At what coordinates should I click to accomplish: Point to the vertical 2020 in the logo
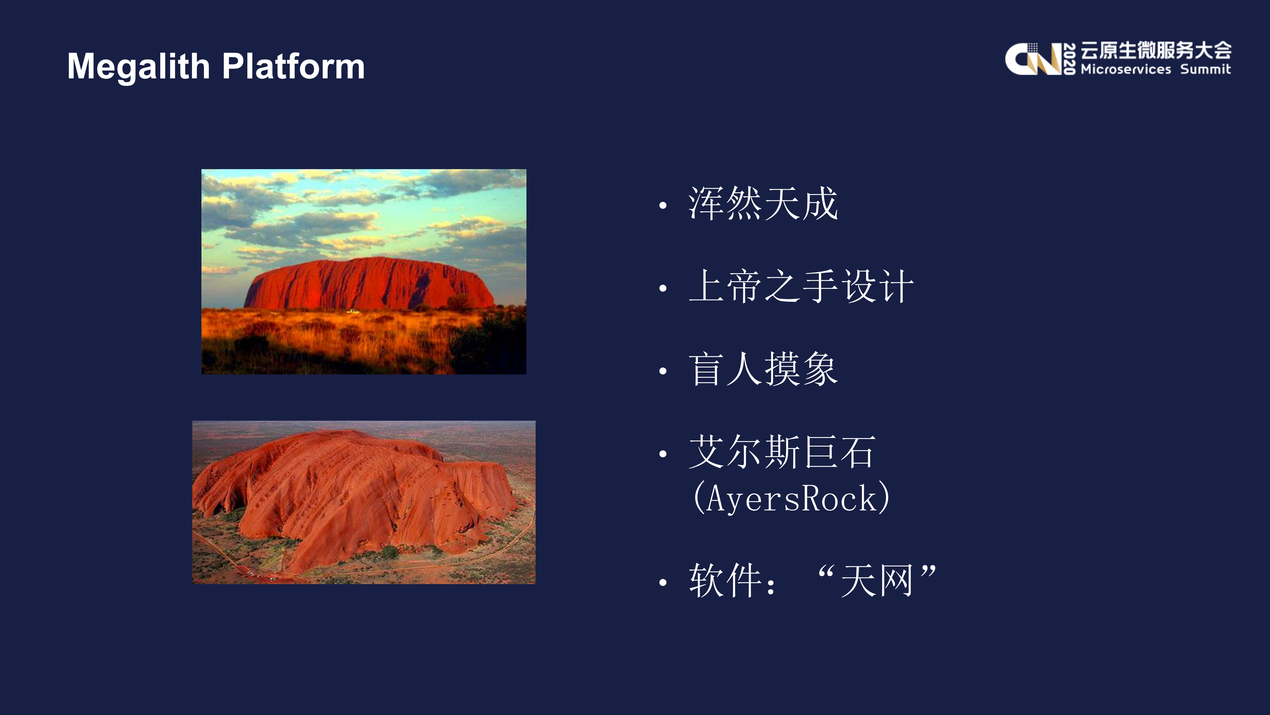point(1069,59)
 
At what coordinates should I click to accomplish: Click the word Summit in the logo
point(1205,69)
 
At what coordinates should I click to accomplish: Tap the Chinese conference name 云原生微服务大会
point(1156,50)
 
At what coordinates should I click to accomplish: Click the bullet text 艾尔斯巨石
point(782,452)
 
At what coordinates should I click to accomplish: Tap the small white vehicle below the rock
point(353,311)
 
